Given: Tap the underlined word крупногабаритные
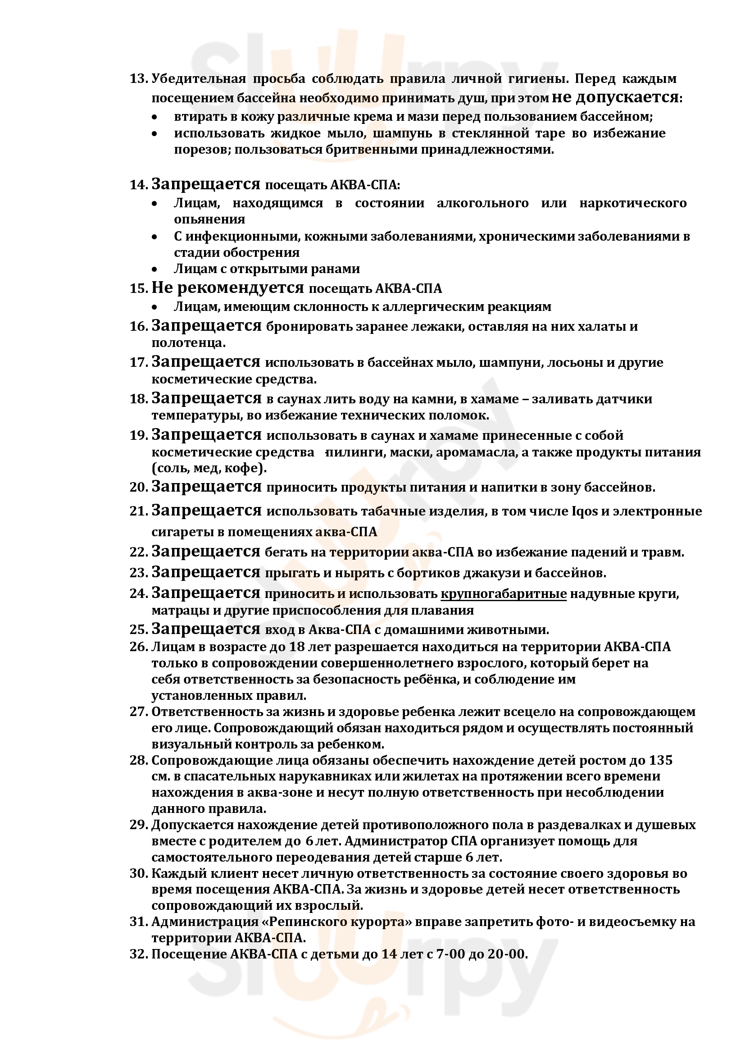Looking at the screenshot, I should pos(503,594).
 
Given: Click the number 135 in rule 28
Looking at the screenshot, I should pos(661,761).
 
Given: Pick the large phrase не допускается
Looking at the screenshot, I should pos(615,97).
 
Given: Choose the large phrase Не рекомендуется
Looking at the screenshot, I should pos(227,288).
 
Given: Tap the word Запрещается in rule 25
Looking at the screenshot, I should pos(206,629).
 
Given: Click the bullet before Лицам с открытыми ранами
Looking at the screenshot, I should pos(155,269).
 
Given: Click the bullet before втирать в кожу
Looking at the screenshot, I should pos(155,118).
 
